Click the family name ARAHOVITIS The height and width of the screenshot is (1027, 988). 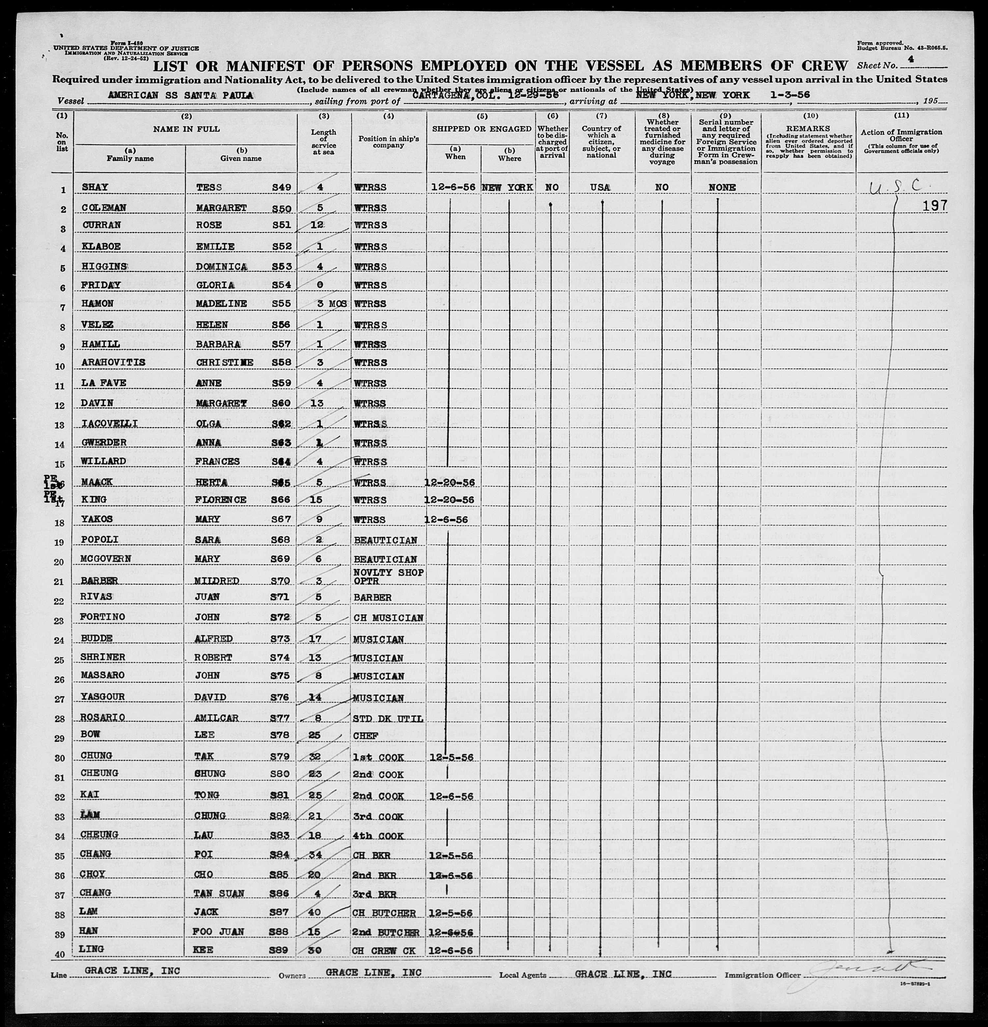113,362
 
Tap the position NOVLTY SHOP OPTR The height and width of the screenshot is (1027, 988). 388,576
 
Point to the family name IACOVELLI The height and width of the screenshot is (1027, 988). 109,423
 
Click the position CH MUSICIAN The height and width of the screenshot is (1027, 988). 388,618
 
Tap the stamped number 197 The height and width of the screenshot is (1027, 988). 935,206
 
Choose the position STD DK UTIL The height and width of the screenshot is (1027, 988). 388,718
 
